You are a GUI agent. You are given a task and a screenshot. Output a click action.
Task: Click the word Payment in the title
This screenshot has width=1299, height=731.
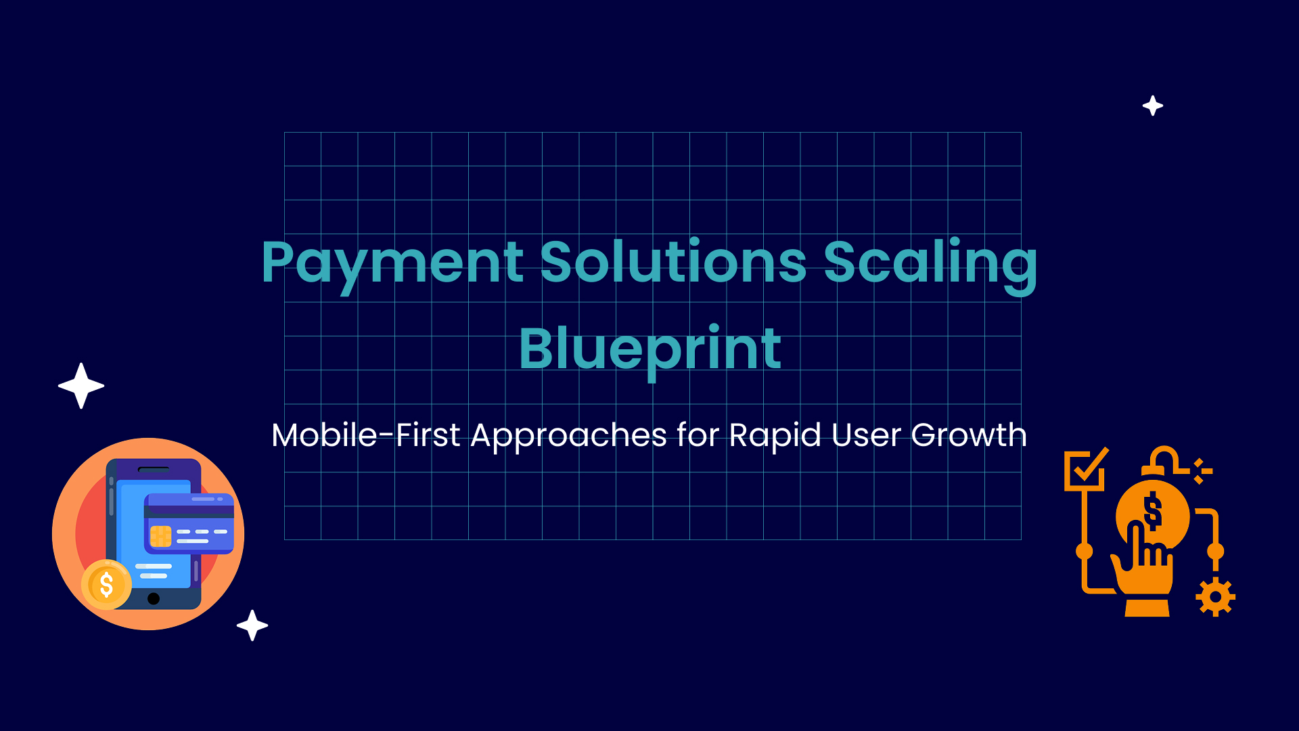coord(392,266)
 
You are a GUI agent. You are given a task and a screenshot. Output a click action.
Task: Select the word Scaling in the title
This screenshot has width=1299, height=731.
coord(930,266)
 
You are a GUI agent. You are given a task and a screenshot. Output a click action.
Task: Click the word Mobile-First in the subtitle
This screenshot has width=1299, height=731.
coord(366,435)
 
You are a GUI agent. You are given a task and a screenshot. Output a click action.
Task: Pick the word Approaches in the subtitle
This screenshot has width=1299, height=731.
coord(569,437)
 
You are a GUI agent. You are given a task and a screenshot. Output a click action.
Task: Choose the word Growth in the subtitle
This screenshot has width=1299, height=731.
coord(969,435)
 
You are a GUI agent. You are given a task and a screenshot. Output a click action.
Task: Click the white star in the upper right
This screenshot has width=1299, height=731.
coord(1153,106)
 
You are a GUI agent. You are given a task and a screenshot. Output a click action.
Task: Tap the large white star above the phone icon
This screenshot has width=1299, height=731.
coord(81,386)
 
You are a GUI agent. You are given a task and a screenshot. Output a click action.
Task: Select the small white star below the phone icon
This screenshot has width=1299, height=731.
coord(252,625)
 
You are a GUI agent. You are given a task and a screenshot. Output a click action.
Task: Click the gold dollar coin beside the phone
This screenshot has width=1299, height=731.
coord(106,585)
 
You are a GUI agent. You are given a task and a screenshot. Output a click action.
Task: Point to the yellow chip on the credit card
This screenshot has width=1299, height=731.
coord(160,536)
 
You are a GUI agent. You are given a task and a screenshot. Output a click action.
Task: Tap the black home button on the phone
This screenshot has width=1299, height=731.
coord(154,598)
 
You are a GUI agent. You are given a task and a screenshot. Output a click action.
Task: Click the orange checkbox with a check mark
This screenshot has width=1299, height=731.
coord(1085,469)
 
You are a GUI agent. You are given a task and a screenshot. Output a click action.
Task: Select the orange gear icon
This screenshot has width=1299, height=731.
coord(1216,597)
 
